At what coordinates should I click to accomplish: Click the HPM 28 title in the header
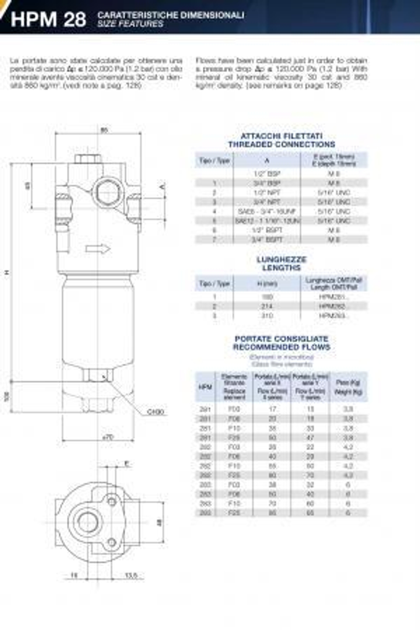click(48, 19)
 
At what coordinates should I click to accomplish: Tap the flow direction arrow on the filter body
click(98, 249)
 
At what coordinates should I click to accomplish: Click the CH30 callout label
click(155, 412)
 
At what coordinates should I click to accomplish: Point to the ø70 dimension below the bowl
click(108, 437)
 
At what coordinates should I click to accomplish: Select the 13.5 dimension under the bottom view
click(131, 575)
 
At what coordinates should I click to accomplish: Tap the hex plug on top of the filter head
click(88, 159)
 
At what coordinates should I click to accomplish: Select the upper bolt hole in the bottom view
click(112, 501)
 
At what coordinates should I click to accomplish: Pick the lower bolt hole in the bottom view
click(112, 543)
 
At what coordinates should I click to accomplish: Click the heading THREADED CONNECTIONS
click(281, 144)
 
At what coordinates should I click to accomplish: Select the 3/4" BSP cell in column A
click(267, 183)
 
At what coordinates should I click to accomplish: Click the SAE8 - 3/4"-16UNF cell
click(267, 212)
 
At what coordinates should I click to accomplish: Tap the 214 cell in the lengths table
click(267, 306)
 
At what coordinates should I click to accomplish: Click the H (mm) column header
click(267, 284)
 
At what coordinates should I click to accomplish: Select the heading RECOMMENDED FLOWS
click(281, 347)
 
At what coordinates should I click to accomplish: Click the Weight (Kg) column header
click(348, 392)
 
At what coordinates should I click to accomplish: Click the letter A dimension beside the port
click(163, 186)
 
